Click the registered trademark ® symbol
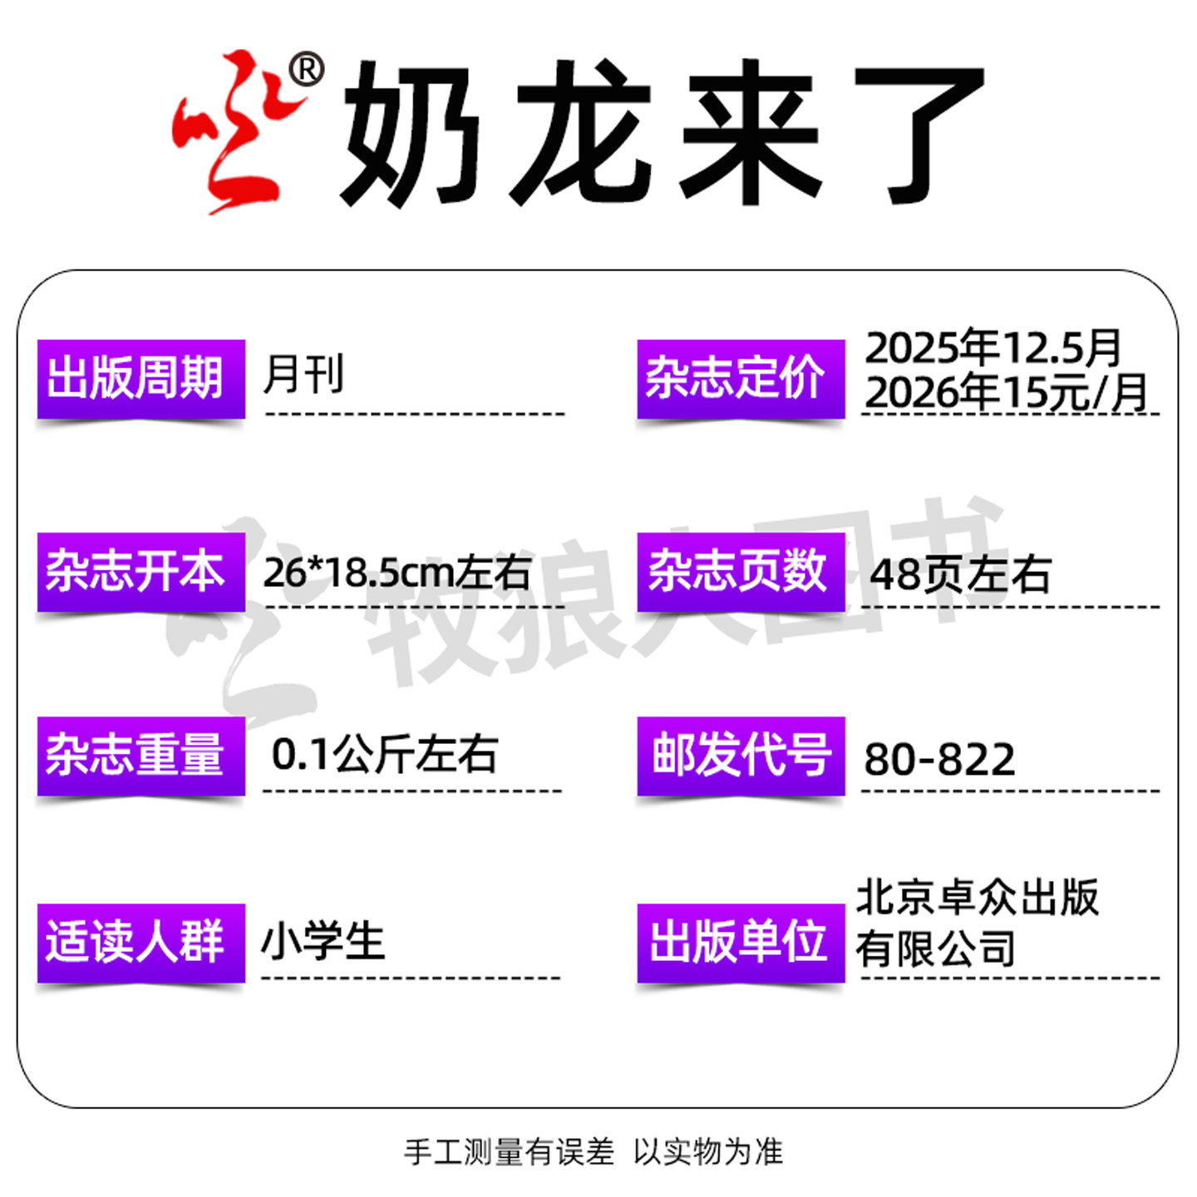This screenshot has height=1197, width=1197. click(x=306, y=70)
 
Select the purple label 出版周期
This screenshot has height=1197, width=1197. click(x=140, y=379)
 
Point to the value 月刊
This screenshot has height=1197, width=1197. click(x=303, y=374)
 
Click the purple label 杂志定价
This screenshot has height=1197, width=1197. click(x=740, y=379)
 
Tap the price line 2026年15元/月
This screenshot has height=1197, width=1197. click(x=1006, y=392)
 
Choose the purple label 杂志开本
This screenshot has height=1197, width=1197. click(x=140, y=572)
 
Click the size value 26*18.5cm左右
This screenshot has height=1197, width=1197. click(x=397, y=572)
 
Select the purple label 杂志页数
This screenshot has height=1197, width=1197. click(x=740, y=572)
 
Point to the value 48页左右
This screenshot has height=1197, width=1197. click(x=960, y=574)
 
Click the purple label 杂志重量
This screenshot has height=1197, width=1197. click(x=140, y=755)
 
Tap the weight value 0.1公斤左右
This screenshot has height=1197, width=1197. click(x=384, y=755)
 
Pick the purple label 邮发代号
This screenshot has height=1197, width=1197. click(x=740, y=755)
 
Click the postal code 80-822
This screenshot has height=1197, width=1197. click(x=939, y=759)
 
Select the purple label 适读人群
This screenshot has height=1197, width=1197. click(x=140, y=943)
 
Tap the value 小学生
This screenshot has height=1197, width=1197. click(x=323, y=943)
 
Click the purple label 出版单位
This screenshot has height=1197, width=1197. click(x=740, y=943)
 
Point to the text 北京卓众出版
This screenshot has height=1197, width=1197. click(x=977, y=898)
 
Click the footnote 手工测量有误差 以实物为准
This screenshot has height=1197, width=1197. click(x=594, y=1152)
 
